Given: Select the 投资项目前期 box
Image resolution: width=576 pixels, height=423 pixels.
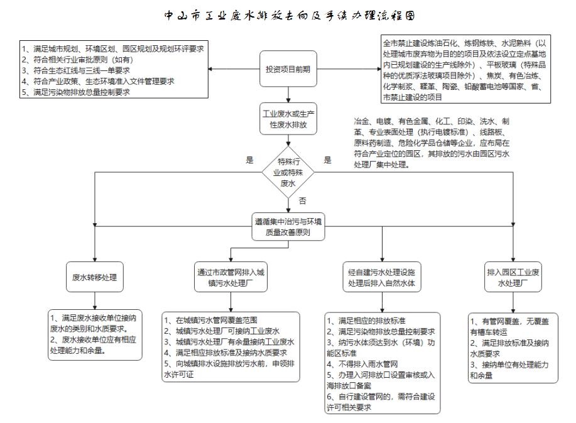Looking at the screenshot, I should tap(288, 69).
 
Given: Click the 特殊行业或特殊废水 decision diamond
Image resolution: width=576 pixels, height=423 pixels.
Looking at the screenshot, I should tap(288, 171).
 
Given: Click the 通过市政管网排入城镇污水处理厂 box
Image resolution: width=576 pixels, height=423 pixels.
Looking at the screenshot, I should tap(230, 277).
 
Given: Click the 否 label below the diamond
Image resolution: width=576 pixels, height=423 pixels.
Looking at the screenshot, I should tap(302, 201).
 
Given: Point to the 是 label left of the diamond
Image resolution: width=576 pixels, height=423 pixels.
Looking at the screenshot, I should tap(249, 160).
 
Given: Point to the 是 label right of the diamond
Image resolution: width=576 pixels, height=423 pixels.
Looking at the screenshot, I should tap(327, 160).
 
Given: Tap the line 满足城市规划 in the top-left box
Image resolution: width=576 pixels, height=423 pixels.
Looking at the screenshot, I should tap(113, 48).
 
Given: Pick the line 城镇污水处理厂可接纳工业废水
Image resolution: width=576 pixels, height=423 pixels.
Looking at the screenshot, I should tap(223, 331).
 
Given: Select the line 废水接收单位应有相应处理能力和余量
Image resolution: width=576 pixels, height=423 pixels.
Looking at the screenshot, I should tap(94, 345).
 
